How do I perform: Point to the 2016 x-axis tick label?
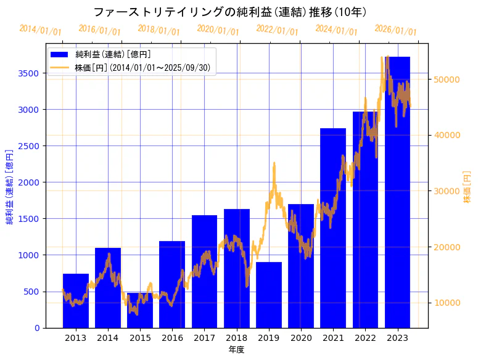tap(172, 338)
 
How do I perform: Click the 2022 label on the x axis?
tap(365, 338)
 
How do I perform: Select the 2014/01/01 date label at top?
tap(40, 30)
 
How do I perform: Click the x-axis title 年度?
tap(236, 350)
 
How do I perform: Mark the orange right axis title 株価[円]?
tap(467, 188)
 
